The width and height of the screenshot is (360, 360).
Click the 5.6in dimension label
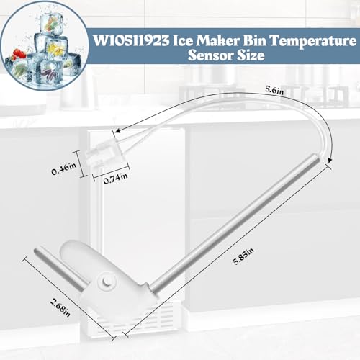pos(274,90)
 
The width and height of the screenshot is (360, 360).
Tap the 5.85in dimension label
pos(243,256)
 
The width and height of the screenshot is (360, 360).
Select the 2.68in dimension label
pos(60,307)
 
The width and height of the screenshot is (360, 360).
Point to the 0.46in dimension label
pos(63,168)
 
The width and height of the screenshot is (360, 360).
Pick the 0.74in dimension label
pos(115,178)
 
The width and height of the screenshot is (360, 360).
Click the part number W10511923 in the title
pos(131,40)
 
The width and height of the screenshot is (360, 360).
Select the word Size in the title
pos(251,55)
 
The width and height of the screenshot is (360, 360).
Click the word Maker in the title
pos(218,40)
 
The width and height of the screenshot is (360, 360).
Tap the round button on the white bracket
pos(106,282)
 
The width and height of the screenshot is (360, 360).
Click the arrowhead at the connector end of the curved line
pos(117,130)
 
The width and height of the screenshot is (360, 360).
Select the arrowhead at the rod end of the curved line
pos(330,160)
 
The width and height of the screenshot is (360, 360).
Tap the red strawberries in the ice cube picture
pos(19,54)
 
